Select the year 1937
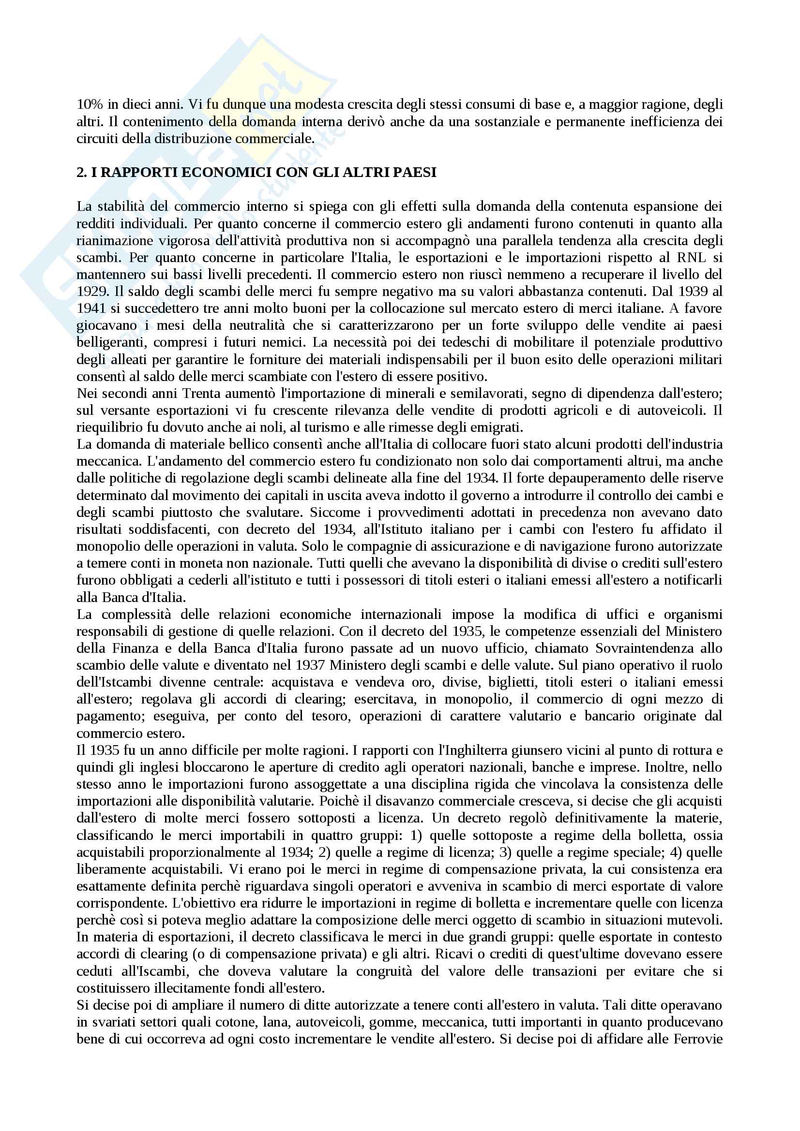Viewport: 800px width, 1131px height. coord(310,665)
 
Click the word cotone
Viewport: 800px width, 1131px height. coord(238,1022)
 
